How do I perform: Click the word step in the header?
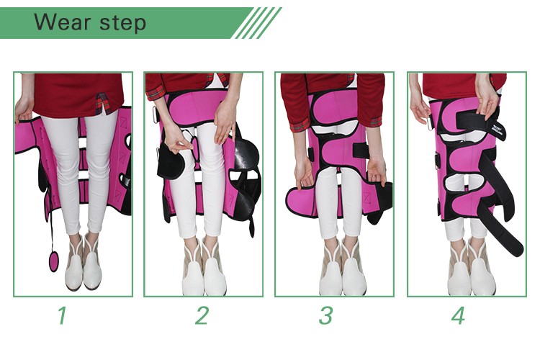pyautogui.click(x=123, y=23)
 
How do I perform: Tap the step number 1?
pyautogui.click(x=62, y=315)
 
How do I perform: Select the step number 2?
pyautogui.click(x=202, y=315)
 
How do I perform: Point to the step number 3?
pyautogui.click(x=325, y=315)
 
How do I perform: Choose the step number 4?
pyautogui.click(x=458, y=315)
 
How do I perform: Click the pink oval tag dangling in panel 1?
pyautogui.click(x=54, y=261)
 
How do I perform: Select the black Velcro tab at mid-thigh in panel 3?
pyautogui.click(x=361, y=151)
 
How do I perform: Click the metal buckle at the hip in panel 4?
pyautogui.click(x=429, y=123)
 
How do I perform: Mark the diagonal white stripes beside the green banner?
pyautogui.click(x=256, y=23)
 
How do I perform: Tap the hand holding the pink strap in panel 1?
pyautogui.click(x=24, y=110)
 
